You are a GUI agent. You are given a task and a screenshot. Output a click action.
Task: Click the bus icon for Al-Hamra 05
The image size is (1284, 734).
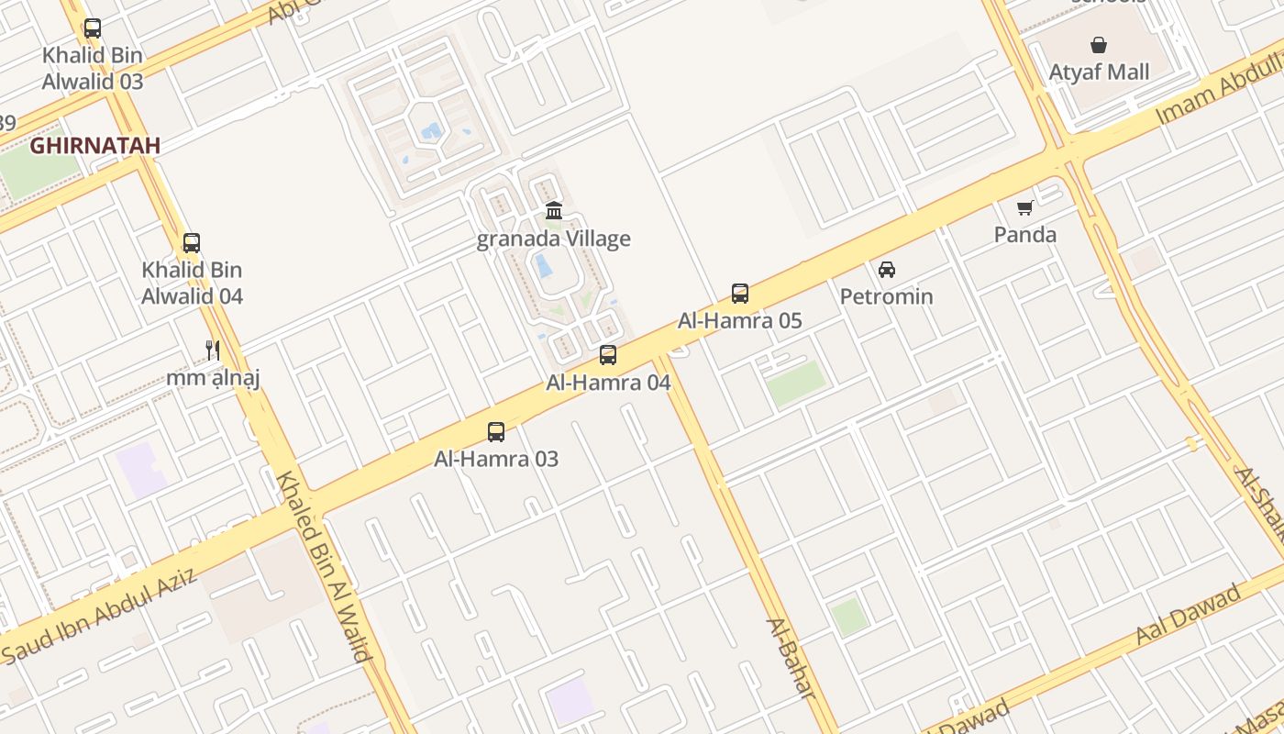[740, 294]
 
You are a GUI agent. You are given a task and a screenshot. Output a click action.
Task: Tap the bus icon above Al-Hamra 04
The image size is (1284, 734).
[608, 355]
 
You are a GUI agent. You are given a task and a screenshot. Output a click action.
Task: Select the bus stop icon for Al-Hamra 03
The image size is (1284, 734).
[496, 432]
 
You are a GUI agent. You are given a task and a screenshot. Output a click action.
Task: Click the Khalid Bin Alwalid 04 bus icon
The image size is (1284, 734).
[192, 243]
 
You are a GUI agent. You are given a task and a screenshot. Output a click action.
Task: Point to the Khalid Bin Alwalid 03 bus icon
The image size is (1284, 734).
[93, 28]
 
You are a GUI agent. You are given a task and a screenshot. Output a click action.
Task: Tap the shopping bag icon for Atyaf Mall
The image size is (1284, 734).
[1098, 45]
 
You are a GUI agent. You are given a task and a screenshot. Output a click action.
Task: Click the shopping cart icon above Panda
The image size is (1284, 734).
[1024, 208]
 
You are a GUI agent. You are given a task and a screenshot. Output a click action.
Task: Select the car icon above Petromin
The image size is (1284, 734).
[887, 270]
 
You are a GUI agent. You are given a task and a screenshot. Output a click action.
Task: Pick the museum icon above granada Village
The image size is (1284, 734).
[554, 212]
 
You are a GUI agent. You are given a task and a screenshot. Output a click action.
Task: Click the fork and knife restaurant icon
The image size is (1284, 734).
[213, 350]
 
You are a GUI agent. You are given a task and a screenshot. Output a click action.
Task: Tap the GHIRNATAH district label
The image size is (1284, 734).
[95, 145]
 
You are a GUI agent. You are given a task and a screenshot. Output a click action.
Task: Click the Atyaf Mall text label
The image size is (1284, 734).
[1099, 72]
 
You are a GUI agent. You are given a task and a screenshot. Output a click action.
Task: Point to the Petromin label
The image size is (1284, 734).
[887, 296]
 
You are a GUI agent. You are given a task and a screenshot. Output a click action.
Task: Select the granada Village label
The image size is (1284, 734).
[554, 239]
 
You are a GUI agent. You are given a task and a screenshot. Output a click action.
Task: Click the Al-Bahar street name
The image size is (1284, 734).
[791, 658]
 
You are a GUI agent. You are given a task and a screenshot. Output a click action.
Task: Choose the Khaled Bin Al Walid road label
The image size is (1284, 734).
[325, 565]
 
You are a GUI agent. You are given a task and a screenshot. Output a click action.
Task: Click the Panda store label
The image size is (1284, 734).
[1025, 235]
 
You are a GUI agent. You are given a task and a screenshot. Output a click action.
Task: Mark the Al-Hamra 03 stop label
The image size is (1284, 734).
[496, 459]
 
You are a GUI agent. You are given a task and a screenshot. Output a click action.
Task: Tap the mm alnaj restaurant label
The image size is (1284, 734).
[214, 377]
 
